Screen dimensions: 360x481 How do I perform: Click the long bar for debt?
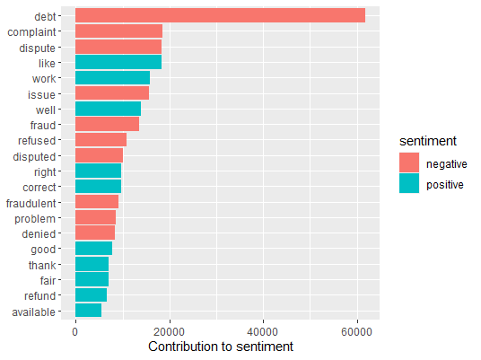pyautogui.click(x=220, y=15)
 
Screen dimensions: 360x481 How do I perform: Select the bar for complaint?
pyautogui.click(x=118, y=31)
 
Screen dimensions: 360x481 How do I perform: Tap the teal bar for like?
pyautogui.click(x=118, y=63)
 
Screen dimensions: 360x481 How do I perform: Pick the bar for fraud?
pyautogui.click(x=107, y=125)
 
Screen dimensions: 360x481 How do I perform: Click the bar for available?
pyautogui.click(x=88, y=311)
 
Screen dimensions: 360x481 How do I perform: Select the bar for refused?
pyautogui.click(x=101, y=140)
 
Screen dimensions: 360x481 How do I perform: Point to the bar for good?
pyautogui.click(x=93, y=249)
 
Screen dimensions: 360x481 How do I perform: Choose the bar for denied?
pyautogui.click(x=95, y=233)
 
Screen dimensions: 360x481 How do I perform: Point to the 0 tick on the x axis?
pyautogui.click(x=75, y=330)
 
